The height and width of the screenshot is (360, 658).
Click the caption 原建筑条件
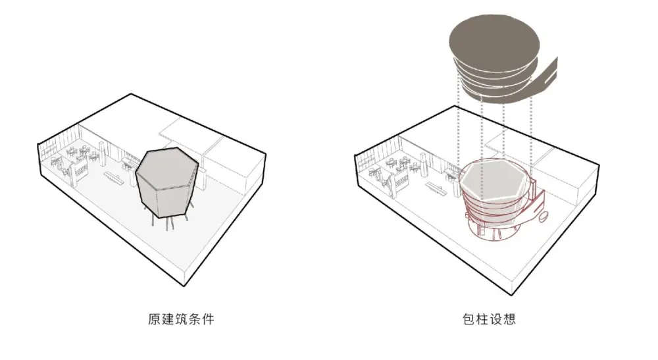pyautogui.click(x=180, y=320)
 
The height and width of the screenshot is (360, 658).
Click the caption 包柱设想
pyautogui.click(x=488, y=320)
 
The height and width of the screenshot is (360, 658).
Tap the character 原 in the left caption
pyautogui.click(x=153, y=320)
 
